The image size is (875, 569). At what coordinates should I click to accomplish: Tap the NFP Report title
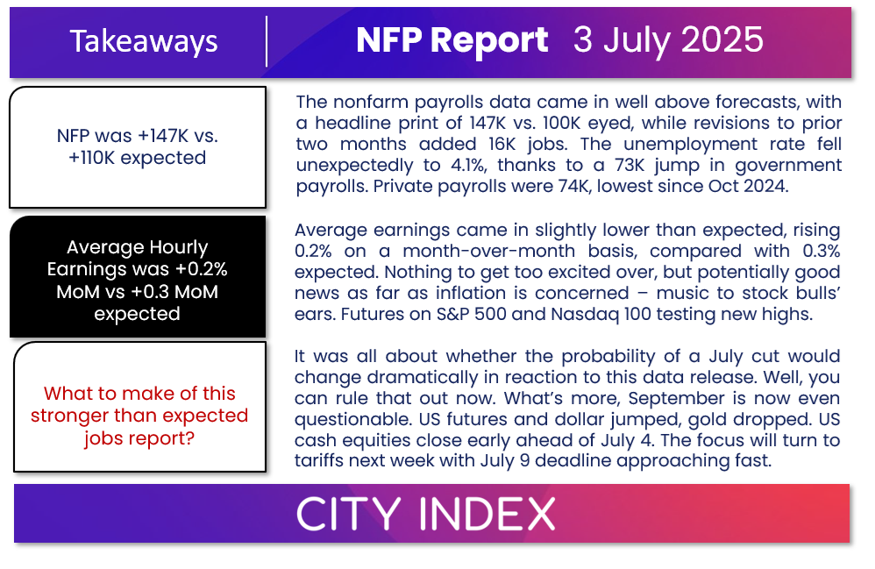click(x=452, y=40)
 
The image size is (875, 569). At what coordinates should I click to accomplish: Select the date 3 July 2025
click(x=668, y=40)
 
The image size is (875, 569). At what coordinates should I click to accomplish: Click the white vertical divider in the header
click(x=267, y=41)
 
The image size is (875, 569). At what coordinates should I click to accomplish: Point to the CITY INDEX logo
click(x=426, y=514)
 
